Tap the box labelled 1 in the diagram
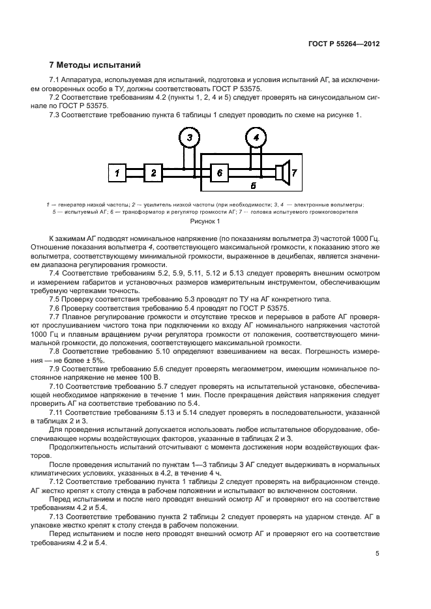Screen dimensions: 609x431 117,173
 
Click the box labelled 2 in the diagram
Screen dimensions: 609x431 153,173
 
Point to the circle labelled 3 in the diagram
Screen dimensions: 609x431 189,138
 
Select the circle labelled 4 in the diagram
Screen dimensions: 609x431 256,138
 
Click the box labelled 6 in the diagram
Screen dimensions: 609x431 219,173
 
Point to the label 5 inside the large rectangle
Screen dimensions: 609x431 253,186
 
